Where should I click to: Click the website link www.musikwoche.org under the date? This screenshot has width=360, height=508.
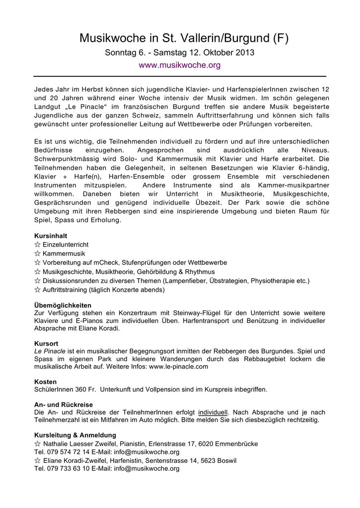[x=179, y=65]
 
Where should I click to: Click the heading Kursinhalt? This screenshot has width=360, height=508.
[x=51, y=236]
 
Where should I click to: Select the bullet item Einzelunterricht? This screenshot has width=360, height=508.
[x=66, y=245]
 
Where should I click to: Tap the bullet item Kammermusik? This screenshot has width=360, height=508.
[x=64, y=254]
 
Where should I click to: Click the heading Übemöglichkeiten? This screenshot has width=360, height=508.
[x=63, y=305]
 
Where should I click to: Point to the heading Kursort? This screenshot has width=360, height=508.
[x=46, y=343]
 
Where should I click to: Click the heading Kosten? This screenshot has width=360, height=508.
[x=46, y=381]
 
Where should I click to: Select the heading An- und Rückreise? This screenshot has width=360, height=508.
[x=63, y=405]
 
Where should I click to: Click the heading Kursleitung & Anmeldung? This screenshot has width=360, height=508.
[x=75, y=435]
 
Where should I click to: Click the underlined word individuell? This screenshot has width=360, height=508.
[x=213, y=412]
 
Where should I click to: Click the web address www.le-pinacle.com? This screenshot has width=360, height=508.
[x=178, y=366]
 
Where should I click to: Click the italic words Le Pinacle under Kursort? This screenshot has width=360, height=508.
[x=50, y=351]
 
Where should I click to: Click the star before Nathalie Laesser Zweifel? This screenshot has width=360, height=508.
[x=37, y=444]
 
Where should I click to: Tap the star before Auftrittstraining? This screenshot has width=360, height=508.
[x=37, y=289]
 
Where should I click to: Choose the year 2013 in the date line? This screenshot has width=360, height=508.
[x=245, y=53]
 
